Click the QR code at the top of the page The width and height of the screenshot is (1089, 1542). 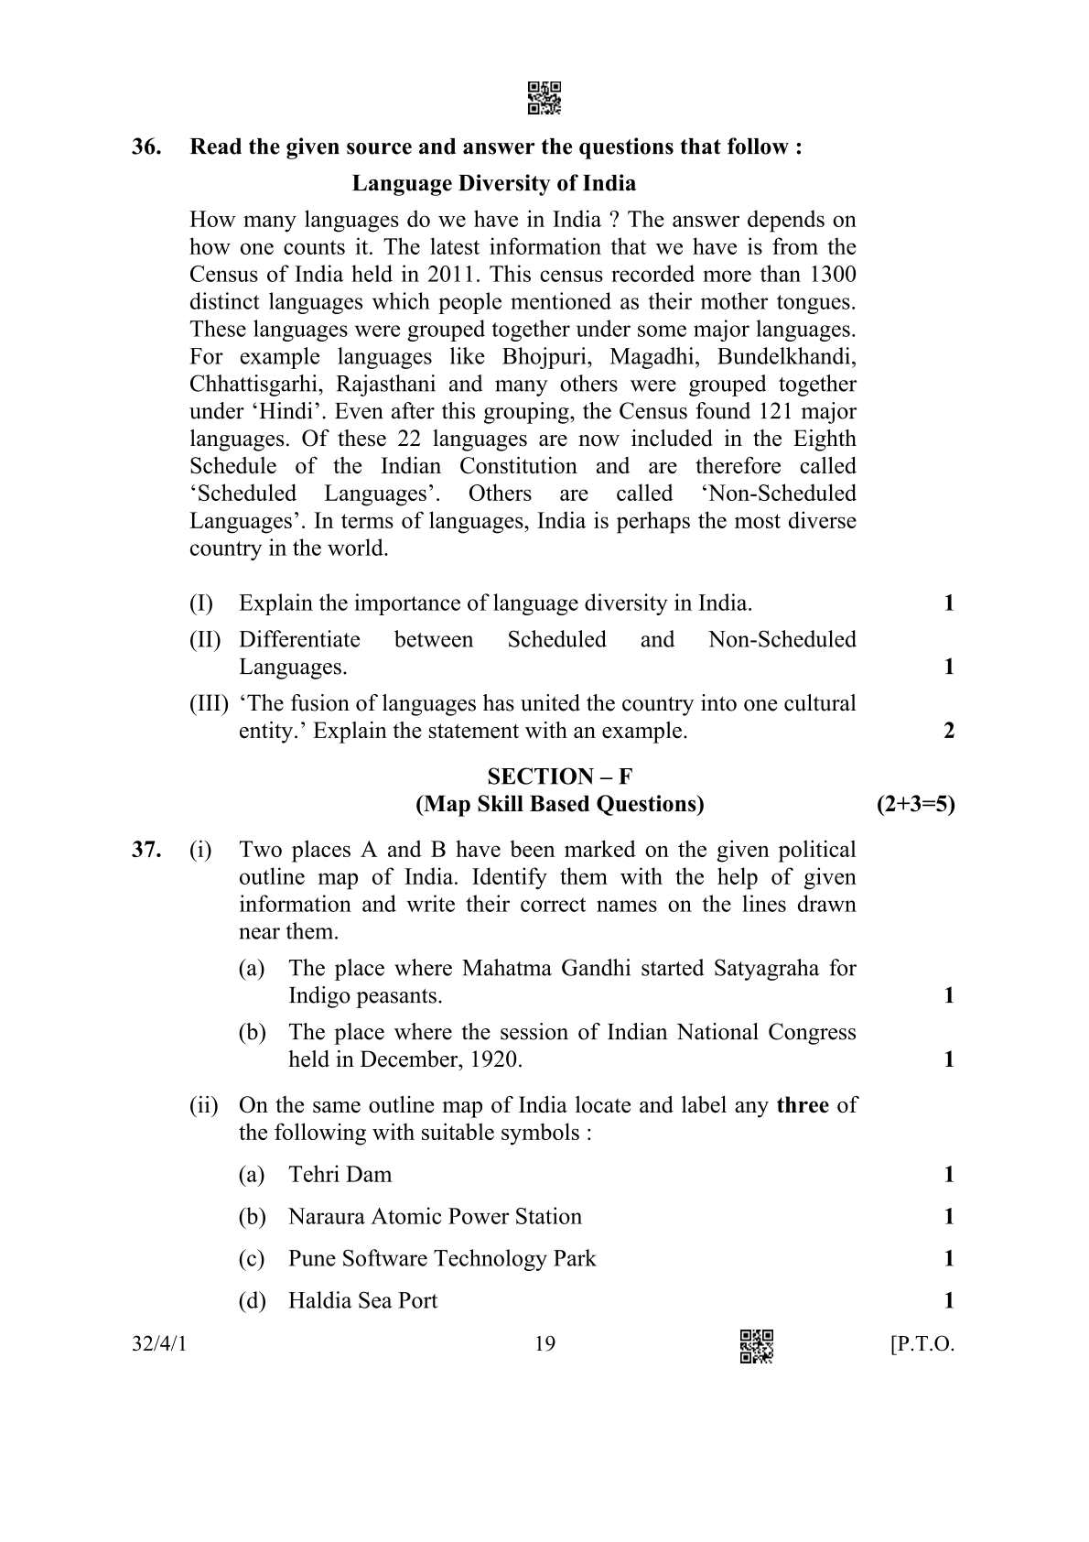click(x=544, y=98)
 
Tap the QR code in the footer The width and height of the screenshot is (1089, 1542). click(x=756, y=1345)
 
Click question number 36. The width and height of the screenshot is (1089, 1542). click(x=146, y=147)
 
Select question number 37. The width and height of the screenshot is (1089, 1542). click(x=146, y=850)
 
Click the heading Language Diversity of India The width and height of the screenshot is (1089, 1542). click(x=493, y=183)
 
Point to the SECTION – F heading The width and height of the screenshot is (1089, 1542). click(x=559, y=776)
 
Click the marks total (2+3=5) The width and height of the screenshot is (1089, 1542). click(x=915, y=804)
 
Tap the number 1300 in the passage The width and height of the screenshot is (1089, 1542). click(x=833, y=275)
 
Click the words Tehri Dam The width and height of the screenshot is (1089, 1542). click(x=340, y=1175)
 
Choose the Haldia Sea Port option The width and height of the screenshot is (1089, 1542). click(x=362, y=1301)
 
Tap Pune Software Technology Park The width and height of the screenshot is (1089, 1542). click(x=441, y=1259)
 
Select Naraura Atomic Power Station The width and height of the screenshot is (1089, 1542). click(x=435, y=1217)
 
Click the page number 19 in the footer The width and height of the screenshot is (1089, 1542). click(x=544, y=1343)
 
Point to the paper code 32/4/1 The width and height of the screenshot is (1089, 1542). click(x=159, y=1344)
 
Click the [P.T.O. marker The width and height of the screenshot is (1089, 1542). click(x=922, y=1344)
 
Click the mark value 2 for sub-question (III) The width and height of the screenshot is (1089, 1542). click(x=949, y=731)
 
